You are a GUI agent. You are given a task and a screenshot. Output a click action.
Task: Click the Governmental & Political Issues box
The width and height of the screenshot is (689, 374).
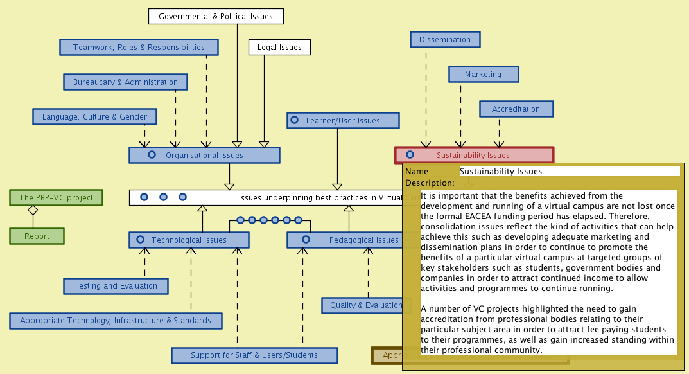click(x=216, y=16)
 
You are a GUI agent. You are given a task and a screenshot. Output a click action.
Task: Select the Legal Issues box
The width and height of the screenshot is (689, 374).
click(x=279, y=47)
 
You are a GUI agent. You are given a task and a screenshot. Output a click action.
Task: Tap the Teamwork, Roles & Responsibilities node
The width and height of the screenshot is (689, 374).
click(x=139, y=47)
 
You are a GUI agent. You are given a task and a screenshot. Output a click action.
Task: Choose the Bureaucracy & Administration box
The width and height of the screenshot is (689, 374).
click(x=125, y=82)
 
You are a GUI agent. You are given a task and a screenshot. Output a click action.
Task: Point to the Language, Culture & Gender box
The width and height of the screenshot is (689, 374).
click(x=94, y=116)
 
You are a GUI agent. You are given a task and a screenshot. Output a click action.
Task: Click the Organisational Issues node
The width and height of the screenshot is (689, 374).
click(x=204, y=155)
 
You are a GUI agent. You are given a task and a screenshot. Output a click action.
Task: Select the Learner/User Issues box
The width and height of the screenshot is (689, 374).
click(x=343, y=120)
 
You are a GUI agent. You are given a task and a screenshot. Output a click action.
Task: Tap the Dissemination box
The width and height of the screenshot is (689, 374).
click(x=445, y=39)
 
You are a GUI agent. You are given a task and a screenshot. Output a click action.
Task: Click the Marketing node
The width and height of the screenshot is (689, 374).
click(x=483, y=74)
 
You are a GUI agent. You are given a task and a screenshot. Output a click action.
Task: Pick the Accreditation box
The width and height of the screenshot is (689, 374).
click(x=516, y=109)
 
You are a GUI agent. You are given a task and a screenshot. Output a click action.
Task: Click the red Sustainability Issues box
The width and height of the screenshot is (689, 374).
click(x=473, y=154)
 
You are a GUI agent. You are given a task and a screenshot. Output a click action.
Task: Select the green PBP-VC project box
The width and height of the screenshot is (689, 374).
click(x=56, y=197)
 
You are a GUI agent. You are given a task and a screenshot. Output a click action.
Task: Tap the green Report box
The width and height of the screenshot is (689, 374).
click(x=37, y=236)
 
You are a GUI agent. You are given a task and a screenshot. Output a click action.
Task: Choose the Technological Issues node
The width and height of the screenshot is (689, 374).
click(x=189, y=240)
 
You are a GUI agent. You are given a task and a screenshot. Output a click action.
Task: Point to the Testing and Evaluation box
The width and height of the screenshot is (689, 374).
click(x=116, y=285)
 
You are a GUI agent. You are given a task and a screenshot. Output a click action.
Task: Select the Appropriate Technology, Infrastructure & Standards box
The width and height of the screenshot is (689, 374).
click(x=116, y=320)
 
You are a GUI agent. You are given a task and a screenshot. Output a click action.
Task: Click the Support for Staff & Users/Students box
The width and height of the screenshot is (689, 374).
click(x=254, y=355)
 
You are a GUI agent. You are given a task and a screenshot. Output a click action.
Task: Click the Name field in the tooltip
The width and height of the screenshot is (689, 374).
click(x=569, y=171)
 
